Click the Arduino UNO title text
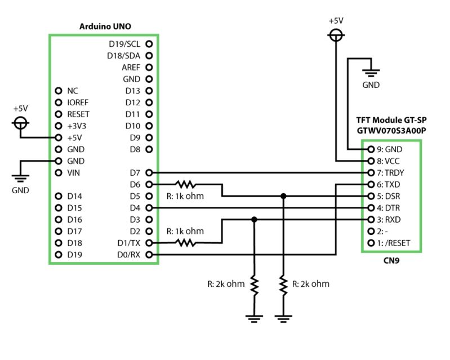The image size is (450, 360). point(106,26)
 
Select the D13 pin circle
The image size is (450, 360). point(149,91)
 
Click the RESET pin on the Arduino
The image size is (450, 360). point(58,114)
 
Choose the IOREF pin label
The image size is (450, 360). point(78,103)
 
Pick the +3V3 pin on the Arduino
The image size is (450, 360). point(58,126)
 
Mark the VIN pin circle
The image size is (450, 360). point(58,172)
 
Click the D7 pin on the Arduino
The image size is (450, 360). point(149,172)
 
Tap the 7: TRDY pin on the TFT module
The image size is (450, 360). point(371,172)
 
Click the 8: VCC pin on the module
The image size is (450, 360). point(371,161)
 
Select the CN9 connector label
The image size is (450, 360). point(390,261)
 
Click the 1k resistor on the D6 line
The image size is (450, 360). point(185,184)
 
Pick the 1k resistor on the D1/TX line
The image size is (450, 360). point(185,243)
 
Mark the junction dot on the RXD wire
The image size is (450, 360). point(255,220)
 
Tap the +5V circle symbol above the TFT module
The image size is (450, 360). point(336,35)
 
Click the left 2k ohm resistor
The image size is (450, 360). point(255,286)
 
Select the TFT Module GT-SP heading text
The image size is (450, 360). point(390,121)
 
